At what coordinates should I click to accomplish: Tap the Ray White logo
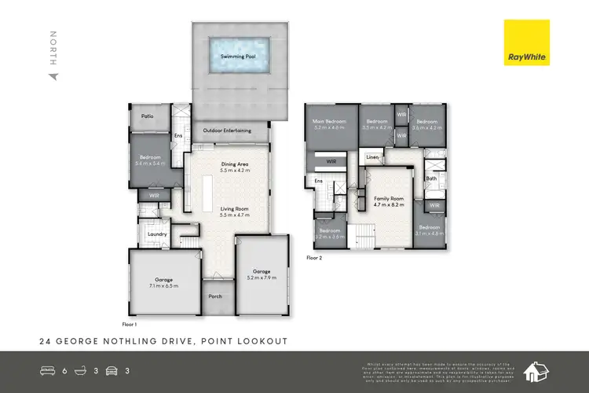[529, 44]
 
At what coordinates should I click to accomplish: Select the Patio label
[147, 116]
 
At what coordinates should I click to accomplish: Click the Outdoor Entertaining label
[227, 130]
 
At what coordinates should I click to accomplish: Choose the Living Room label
[234, 209]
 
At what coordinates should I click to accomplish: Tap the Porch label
[215, 296]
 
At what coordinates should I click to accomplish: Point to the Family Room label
[388, 200]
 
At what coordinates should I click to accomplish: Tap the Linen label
[372, 158]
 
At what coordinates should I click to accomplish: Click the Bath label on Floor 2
[431, 178]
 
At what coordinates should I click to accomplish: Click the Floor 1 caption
[130, 324]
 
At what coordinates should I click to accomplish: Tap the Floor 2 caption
[314, 257]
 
